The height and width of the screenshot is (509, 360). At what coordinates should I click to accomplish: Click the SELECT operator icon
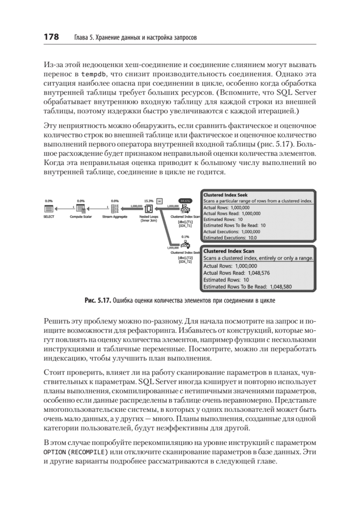pos(49,209)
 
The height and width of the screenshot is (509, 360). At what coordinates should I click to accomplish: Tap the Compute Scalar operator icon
pos(81,209)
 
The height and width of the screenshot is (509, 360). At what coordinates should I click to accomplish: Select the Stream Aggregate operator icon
pos(114,209)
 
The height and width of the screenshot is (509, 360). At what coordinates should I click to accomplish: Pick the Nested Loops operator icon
pos(148,209)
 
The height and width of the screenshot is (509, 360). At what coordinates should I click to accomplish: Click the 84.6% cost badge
pos(185,201)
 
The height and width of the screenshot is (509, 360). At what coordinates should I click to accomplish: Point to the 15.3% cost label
pos(148,201)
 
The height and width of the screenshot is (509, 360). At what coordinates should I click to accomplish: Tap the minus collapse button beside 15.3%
pos(159,201)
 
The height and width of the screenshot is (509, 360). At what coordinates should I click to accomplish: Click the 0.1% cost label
pos(185,237)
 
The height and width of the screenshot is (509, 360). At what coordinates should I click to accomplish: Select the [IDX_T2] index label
pos(185,262)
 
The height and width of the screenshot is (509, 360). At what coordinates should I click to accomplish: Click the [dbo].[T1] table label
pos(185,222)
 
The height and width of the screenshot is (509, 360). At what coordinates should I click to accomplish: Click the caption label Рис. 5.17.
pos(97,301)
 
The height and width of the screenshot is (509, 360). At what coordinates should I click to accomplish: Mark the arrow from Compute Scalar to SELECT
pos(64,208)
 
